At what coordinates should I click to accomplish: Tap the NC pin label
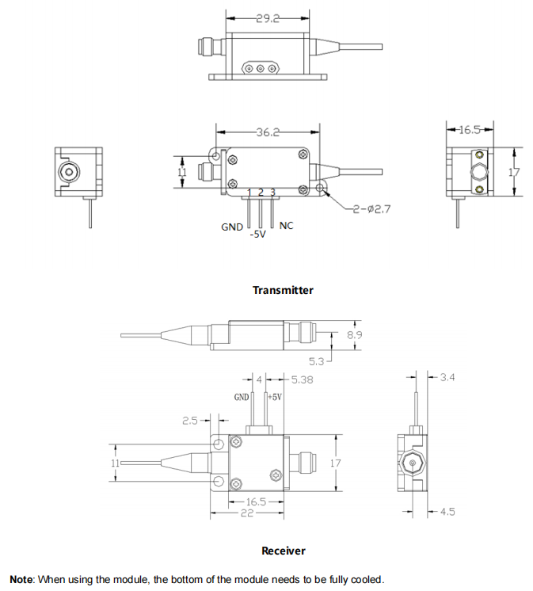(x=287, y=226)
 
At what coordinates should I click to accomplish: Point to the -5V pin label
(x=258, y=234)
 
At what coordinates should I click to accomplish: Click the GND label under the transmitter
(x=232, y=227)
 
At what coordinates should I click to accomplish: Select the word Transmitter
(x=283, y=290)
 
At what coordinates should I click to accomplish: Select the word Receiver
(x=283, y=551)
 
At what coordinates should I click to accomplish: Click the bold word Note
(x=21, y=579)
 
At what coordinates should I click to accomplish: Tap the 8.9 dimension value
(x=354, y=336)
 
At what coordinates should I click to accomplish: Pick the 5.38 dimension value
(x=303, y=379)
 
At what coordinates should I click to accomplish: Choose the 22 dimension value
(x=246, y=513)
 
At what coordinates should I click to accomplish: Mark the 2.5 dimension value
(x=190, y=421)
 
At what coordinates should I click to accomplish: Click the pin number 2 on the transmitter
(x=261, y=193)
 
